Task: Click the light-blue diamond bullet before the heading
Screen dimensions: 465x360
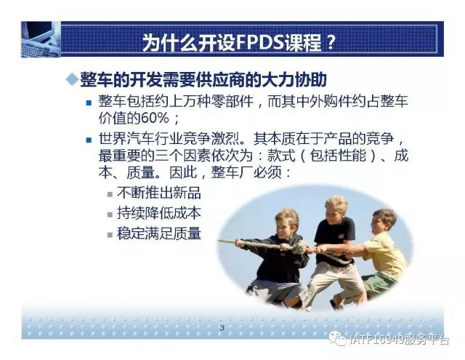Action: [x=72, y=79]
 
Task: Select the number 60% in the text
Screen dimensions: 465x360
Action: [x=155, y=119]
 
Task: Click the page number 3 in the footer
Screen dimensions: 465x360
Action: [x=222, y=328]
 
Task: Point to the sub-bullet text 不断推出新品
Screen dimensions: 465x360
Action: [x=159, y=193]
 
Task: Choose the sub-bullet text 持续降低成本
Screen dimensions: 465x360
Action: [x=159, y=213]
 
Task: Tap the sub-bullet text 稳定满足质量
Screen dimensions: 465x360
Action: [x=159, y=233]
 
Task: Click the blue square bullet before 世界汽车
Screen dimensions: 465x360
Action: [x=89, y=140]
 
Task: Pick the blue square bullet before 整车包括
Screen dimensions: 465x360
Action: [x=89, y=103]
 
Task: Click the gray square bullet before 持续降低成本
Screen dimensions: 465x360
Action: [x=110, y=215]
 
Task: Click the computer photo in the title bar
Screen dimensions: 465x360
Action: [x=41, y=39]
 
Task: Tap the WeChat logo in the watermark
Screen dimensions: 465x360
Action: [x=338, y=338]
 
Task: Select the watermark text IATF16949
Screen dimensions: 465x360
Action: [x=376, y=339]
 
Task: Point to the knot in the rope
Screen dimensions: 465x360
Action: [x=300, y=247]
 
